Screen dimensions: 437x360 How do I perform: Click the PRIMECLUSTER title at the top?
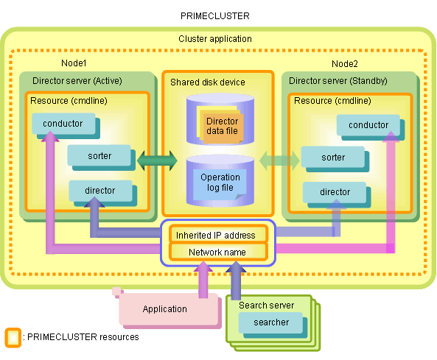coord(215,16)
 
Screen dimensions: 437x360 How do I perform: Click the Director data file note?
coord(222,126)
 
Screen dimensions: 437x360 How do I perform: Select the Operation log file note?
coord(220,183)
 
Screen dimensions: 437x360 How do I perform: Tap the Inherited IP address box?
coord(218,235)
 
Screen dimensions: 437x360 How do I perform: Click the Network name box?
coord(218,252)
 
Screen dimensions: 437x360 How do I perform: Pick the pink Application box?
coord(169,309)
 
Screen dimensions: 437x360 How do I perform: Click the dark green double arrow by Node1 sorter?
coord(157,160)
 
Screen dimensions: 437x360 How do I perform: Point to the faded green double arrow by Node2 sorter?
coord(279,160)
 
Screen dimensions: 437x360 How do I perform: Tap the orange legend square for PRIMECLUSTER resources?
coord(13,338)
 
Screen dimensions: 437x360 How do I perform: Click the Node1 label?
coord(74,63)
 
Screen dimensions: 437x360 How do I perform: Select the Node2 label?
coord(345,64)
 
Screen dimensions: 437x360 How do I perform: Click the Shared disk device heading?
coord(208,82)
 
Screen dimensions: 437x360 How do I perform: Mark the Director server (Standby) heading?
coord(338,81)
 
